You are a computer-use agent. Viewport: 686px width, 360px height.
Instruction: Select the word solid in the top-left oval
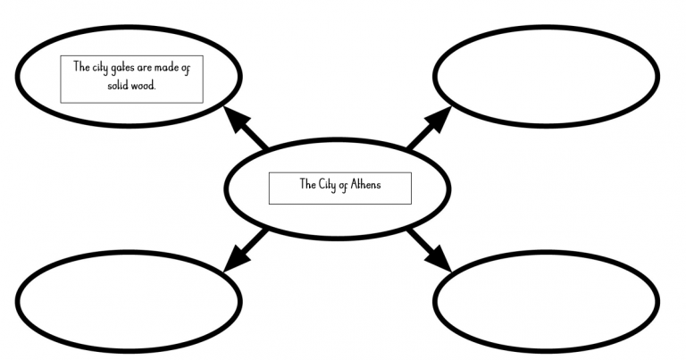(x=108, y=84)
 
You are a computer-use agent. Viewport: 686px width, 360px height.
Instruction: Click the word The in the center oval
(x=306, y=185)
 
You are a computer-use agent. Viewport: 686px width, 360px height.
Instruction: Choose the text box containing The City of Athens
(x=339, y=188)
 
